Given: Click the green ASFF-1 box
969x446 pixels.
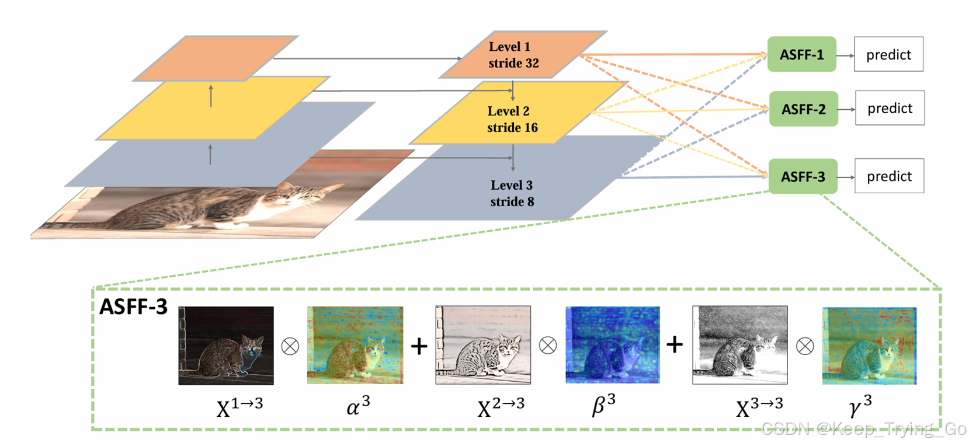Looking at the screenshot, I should (801, 55).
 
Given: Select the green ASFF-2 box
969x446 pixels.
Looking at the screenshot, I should (803, 109).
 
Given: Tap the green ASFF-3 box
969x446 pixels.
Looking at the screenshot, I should (803, 176).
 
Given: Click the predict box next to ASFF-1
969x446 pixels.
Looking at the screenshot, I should (888, 55).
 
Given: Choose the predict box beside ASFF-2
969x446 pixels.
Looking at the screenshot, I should (889, 109).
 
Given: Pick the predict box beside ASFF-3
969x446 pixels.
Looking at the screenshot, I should (888, 176).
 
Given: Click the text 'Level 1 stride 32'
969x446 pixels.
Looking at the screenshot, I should (513, 55).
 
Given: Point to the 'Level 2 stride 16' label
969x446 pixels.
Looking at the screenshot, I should (512, 119).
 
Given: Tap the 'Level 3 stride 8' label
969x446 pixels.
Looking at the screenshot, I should (512, 193).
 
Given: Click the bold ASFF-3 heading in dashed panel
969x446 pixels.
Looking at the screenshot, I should (133, 306).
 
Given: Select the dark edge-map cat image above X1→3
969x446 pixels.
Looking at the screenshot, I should (225, 346).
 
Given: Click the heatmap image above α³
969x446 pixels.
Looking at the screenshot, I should (355, 346).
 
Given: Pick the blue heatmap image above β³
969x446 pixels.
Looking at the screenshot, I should (612, 346).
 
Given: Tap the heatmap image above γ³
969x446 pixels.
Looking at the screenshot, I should (869, 346).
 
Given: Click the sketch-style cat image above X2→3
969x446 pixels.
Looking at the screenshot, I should (482, 346).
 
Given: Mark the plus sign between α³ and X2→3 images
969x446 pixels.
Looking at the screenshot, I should (419, 347).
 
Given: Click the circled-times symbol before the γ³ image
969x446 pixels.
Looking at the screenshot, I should (804, 346).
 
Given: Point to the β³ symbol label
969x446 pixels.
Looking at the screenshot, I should (603, 404).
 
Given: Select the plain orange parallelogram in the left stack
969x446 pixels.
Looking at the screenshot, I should (215, 58).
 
